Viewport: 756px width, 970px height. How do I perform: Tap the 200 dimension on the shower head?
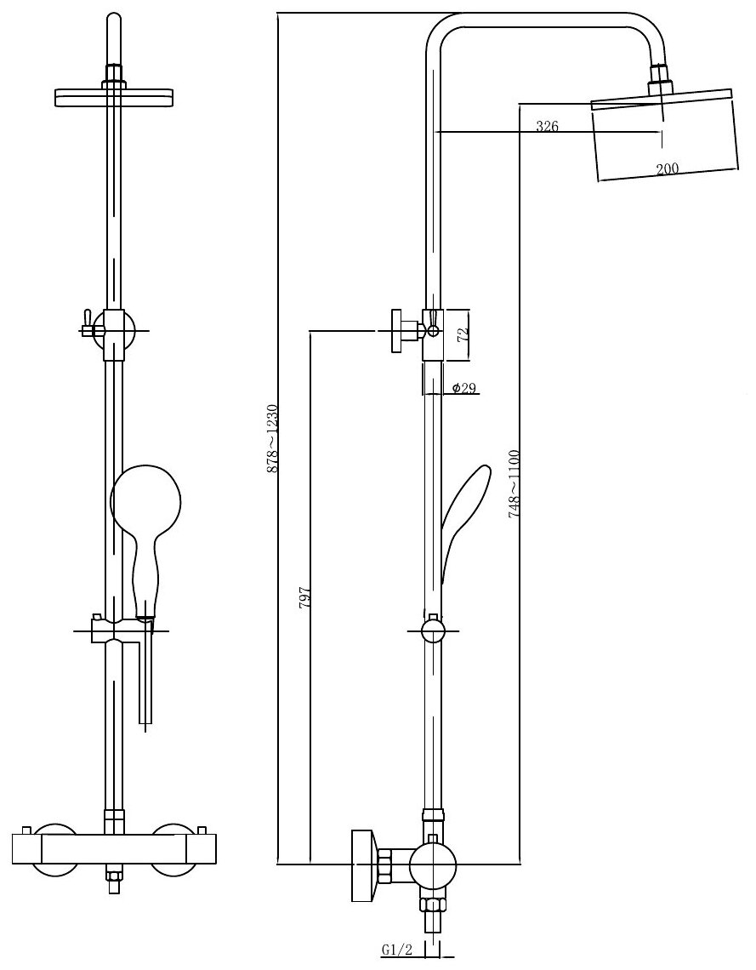coord(667,168)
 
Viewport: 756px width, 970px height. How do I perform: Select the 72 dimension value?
coord(463,334)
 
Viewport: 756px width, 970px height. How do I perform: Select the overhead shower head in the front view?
coord(114,97)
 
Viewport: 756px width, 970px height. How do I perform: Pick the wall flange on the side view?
coord(363,866)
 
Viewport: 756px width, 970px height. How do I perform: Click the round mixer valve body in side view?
coord(433,868)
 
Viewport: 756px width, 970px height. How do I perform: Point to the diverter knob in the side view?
coord(400,331)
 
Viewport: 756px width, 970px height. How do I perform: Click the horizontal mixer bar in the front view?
coord(114,847)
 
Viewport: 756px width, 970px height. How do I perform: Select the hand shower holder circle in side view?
coord(433,631)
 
